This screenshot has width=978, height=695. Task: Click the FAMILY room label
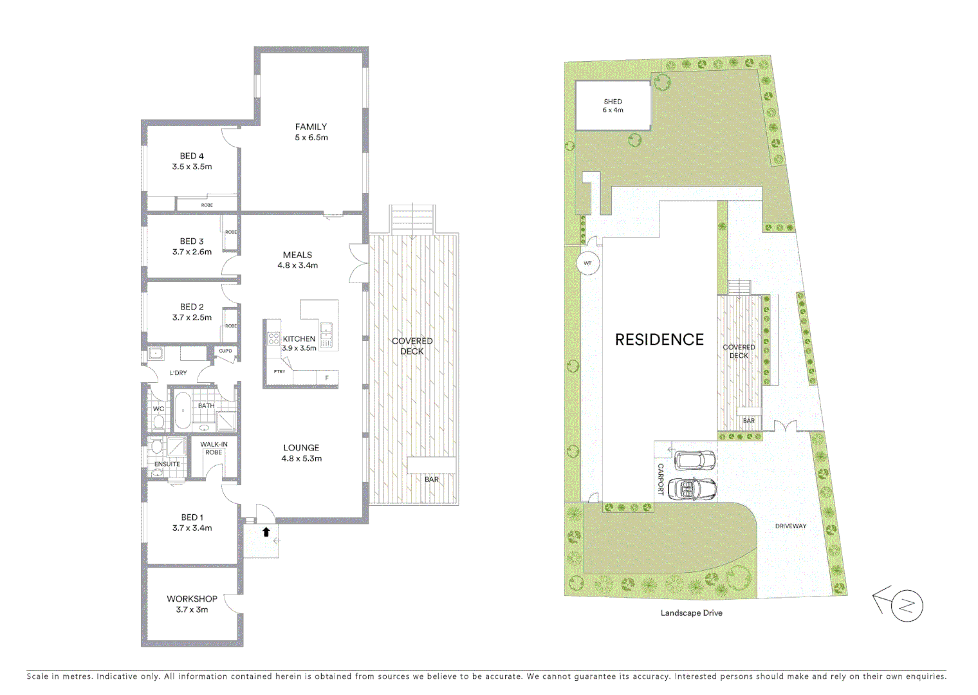311,127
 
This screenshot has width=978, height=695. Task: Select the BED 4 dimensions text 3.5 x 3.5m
192,167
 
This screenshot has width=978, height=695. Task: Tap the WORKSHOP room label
192,598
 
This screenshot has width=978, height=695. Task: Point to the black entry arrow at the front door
266,532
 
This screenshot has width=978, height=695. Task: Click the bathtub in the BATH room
183,410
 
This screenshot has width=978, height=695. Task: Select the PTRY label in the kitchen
279,371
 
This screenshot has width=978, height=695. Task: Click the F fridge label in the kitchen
327,378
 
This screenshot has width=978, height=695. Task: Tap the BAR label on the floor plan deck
431,479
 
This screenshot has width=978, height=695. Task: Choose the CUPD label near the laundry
225,351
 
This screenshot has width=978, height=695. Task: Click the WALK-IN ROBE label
214,448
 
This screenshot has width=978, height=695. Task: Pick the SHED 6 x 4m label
613,106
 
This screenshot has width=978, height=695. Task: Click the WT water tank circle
587,263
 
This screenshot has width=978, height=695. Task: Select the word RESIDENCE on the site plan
659,340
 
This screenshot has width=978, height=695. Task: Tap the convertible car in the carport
692,489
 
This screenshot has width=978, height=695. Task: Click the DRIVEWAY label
790,526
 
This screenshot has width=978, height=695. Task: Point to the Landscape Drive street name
691,613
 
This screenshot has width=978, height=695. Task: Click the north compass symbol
906,606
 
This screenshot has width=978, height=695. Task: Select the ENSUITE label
167,464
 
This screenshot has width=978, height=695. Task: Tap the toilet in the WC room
158,422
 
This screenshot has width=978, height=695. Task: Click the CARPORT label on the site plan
660,479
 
